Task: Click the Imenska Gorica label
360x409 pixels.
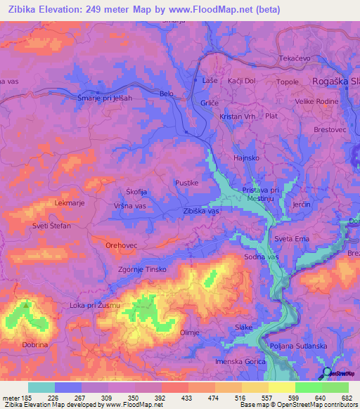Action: coord(241,361)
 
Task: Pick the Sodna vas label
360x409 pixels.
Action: coord(262,258)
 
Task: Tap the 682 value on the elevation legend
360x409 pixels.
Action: coord(347,398)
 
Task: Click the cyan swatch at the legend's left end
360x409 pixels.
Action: coord(41,387)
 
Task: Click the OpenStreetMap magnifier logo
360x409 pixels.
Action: coord(326,372)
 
